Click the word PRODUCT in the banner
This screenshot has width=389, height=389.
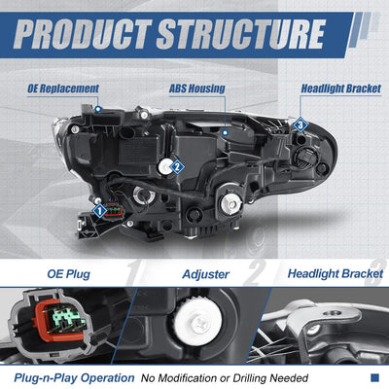[x=83, y=34]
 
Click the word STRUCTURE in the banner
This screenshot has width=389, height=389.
[x=241, y=34]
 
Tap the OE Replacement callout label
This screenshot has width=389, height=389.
[x=63, y=88]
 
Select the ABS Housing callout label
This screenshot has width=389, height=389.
[x=197, y=88]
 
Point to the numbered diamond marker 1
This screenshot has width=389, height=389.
[x=100, y=211]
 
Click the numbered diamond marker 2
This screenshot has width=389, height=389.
[x=177, y=167]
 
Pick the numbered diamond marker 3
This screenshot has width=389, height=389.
[x=301, y=124]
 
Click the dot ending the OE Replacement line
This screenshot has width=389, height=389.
[x=98, y=110]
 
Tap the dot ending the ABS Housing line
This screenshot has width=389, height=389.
[x=226, y=132]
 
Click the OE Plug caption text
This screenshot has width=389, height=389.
[x=69, y=274]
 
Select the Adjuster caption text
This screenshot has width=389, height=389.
[x=206, y=274]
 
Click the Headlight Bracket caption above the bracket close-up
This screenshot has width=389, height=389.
[x=336, y=273]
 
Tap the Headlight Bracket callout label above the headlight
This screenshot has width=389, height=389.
[x=341, y=88]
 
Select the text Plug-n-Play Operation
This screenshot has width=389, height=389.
[x=74, y=378]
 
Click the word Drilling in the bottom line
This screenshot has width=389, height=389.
[x=250, y=378]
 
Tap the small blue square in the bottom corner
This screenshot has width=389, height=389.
[x=374, y=377]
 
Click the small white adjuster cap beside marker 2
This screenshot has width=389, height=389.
[x=165, y=166]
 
